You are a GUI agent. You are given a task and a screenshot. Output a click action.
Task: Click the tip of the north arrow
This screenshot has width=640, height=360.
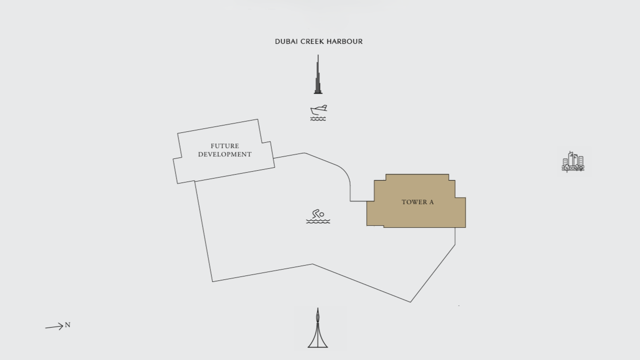click(x=63, y=326)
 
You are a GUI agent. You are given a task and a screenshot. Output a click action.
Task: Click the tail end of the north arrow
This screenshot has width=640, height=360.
click(x=45, y=328)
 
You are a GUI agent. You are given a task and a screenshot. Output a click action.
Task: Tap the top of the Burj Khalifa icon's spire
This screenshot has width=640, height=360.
click(x=318, y=55)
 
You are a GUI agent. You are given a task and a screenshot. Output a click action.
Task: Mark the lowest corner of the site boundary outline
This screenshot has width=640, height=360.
click(x=410, y=302)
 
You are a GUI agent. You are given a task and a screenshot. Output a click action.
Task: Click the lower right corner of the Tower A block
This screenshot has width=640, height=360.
click(x=465, y=228)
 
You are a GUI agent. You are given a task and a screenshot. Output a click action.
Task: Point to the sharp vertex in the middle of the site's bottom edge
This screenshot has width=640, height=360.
click(x=313, y=264)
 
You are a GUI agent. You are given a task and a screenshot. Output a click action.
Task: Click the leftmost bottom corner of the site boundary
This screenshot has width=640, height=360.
click(x=212, y=282)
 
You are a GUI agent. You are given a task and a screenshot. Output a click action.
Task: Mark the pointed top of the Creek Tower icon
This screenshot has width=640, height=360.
click(x=318, y=308)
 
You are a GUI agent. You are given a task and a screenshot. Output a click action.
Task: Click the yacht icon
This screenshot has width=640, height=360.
click(x=319, y=113)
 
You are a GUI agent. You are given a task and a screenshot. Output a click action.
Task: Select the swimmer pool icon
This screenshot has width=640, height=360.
click(x=318, y=216)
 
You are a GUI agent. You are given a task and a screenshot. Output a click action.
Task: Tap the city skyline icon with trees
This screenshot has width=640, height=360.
click(x=573, y=161)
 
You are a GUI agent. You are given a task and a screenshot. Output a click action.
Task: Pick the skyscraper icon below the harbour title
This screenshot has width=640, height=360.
click(x=318, y=74)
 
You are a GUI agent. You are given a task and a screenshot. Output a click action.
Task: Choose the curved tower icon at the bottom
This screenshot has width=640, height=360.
click(x=318, y=328)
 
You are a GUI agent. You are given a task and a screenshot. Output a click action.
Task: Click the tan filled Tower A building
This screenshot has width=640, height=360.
click(x=416, y=201)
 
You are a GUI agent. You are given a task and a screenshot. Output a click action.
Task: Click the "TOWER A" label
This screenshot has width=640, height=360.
click(x=418, y=202)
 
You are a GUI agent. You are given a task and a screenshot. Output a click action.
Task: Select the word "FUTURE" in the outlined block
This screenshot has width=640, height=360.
click(x=225, y=146)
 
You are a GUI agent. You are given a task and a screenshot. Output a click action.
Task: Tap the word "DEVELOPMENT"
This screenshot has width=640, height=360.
click(x=225, y=154)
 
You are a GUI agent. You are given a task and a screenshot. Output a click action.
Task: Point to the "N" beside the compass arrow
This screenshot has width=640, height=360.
click(x=67, y=325)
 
